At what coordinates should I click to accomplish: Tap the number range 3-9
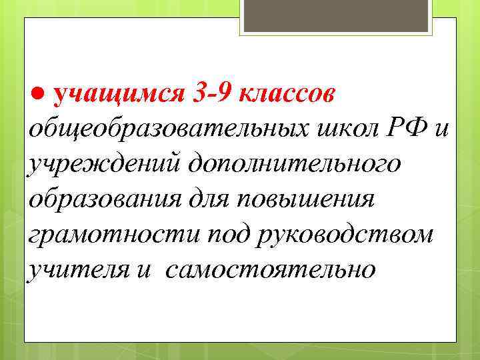pyautogui.click(x=210, y=93)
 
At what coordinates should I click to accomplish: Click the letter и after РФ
pyautogui.click(x=442, y=129)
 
